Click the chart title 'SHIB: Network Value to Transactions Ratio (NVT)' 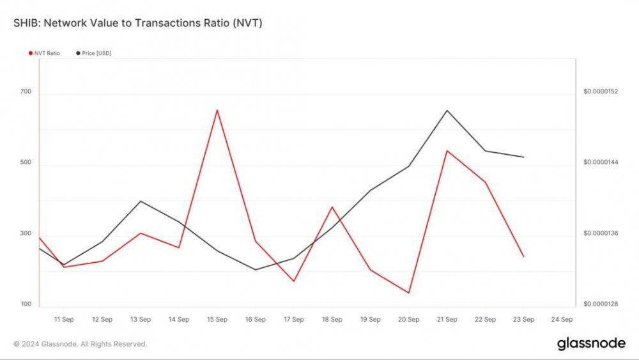pyautogui.click(x=137, y=23)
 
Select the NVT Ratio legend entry pyautogui.click(x=44, y=53)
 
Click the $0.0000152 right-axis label pyautogui.click(x=601, y=92)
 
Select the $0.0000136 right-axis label pyautogui.click(x=601, y=233)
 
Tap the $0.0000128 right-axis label pyautogui.click(x=601, y=304)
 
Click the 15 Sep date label pyautogui.click(x=217, y=319)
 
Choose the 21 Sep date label pyautogui.click(x=447, y=319)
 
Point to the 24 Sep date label pyautogui.click(x=562, y=319)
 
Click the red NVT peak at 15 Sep pyautogui.click(x=217, y=110)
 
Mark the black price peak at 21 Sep pyautogui.click(x=447, y=111)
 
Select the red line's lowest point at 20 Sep pyautogui.click(x=409, y=293)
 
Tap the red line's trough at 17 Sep pyautogui.click(x=294, y=281)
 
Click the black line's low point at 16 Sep pyautogui.click(x=256, y=269)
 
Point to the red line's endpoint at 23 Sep pyautogui.click(x=523, y=256)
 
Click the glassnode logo pyautogui.click(x=591, y=343)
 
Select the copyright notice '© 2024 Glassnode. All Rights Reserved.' pyautogui.click(x=81, y=344)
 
